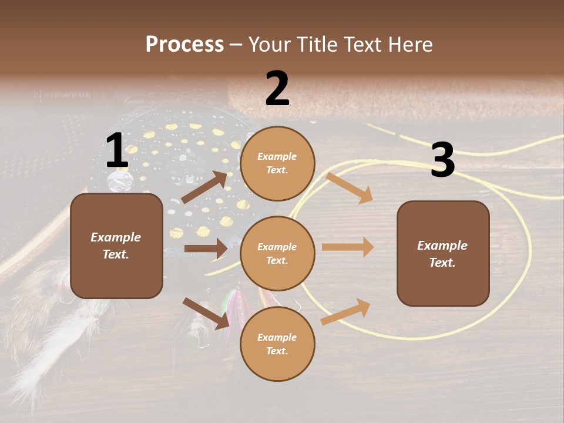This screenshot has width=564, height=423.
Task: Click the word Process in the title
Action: coord(184,44)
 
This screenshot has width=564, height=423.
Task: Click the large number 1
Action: coord(117,151)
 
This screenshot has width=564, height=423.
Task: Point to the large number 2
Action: coord(277,89)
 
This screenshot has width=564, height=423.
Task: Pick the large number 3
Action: coord(442,160)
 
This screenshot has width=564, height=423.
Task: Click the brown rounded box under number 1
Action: coord(116,246)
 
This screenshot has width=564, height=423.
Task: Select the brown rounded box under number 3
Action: coord(443,254)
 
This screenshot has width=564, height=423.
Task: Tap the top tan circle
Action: coord(277,163)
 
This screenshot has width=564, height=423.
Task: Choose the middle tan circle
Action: coord(277,253)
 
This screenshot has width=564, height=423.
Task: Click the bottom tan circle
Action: coord(277,344)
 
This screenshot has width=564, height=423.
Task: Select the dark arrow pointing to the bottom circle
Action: coord(206,313)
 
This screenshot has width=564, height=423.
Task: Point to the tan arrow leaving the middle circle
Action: coord(348,247)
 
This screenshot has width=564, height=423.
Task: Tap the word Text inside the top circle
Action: coord(277,170)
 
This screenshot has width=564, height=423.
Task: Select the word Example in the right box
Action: coord(442,246)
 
